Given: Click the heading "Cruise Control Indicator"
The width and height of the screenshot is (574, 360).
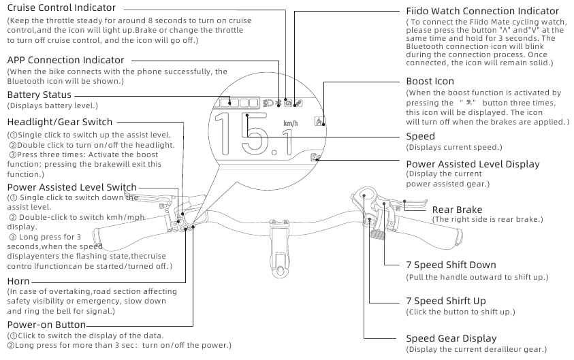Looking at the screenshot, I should pyautogui.click(x=61, y=7).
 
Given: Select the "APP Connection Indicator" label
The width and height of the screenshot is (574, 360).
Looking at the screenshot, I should pyautogui.click(x=65, y=60).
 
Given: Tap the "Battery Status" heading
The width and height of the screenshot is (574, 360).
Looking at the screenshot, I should pyautogui.click(x=39, y=95).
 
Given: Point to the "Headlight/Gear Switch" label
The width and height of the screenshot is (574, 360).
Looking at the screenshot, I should pyautogui.click(x=60, y=122).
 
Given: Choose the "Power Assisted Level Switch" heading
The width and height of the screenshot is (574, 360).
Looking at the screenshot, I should pyautogui.click(x=72, y=187).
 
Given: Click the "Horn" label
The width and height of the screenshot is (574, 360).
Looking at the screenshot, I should pyautogui.click(x=18, y=281).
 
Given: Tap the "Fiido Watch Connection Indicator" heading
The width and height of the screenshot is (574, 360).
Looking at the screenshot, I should pyautogui.click(x=482, y=11).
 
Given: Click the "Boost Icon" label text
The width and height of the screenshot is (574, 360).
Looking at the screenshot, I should pyautogui.click(x=430, y=81).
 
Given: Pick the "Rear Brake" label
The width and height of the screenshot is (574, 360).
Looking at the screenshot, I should pyautogui.click(x=457, y=210).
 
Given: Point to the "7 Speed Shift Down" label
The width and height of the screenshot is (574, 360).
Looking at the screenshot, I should pyautogui.click(x=451, y=265).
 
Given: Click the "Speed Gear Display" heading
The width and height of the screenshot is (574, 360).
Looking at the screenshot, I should pyautogui.click(x=451, y=338).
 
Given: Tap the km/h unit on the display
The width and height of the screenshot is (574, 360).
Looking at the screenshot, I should pyautogui.click(x=290, y=123).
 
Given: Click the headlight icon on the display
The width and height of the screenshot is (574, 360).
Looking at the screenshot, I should pyautogui.click(x=268, y=103).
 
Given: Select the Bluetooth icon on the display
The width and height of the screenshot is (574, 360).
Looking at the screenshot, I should pyautogui.click(x=278, y=103).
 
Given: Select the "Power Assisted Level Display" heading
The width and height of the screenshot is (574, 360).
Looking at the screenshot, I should pyautogui.click(x=473, y=164).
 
